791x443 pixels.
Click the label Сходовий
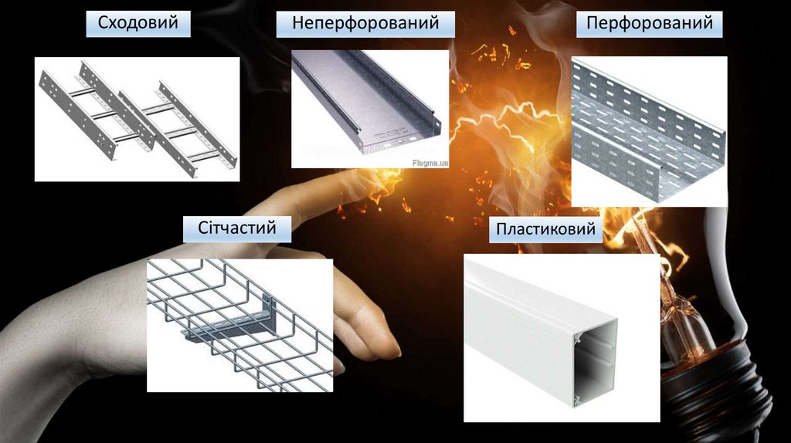(x=137, y=22)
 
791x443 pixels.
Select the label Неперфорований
(x=365, y=23)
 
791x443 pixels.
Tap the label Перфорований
(x=649, y=23)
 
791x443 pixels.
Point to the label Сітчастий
(x=236, y=228)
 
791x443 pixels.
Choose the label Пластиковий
(x=545, y=229)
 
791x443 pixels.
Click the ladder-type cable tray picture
(x=137, y=119)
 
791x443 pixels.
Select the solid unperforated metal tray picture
(x=370, y=109)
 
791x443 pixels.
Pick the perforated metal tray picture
(x=649, y=131)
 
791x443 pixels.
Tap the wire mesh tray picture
(x=239, y=326)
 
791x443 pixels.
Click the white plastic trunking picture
(x=562, y=338)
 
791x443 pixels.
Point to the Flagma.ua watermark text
(x=429, y=163)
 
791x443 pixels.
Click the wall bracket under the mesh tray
(x=237, y=323)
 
